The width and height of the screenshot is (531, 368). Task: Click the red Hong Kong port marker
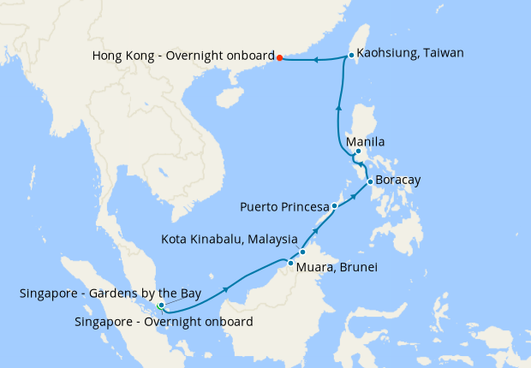point(280,58)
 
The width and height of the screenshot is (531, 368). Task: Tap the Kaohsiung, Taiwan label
point(409,53)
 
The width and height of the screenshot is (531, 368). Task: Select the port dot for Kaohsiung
point(351,56)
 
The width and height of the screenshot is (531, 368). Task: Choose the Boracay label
point(398,181)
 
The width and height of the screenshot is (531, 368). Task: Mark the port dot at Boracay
point(369,181)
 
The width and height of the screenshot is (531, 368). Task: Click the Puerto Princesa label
point(284,207)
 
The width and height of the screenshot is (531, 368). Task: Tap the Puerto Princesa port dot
point(335,206)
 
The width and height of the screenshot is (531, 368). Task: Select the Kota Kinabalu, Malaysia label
point(230,239)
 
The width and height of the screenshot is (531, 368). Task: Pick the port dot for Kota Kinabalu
point(302,252)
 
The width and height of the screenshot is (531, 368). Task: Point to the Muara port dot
point(291,264)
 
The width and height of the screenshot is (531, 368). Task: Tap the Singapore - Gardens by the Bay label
point(110,294)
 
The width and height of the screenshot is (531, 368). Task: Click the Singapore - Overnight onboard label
point(164,322)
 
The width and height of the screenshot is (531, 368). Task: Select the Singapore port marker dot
point(161,306)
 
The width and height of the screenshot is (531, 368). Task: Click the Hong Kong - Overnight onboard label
point(182,56)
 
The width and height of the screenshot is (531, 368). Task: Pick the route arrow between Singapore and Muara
point(226,289)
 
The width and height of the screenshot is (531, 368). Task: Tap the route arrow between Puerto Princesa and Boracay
point(352,196)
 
